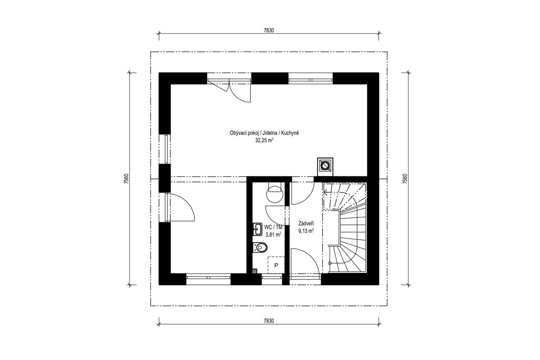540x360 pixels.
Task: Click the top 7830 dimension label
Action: click(269, 31)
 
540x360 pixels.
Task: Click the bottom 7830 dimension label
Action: click(269, 321)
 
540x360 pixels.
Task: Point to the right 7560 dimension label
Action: click(405, 179)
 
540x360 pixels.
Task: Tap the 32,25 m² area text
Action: click(264, 140)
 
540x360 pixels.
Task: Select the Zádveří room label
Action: click(306, 223)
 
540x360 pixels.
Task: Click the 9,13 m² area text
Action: click(306, 231)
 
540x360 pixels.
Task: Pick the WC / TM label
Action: click(273, 227)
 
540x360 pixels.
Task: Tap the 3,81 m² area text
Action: click(273, 234)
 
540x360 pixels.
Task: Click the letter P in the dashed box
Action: click(276, 265)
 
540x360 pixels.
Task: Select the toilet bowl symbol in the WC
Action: click(260, 247)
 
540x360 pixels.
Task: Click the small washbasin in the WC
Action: click(258, 229)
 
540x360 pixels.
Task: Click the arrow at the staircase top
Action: click(326, 192)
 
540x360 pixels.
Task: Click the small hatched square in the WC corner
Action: click(254, 271)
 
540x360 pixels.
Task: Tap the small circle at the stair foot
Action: click(330, 263)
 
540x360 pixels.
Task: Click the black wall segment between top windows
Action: click(270, 78)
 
